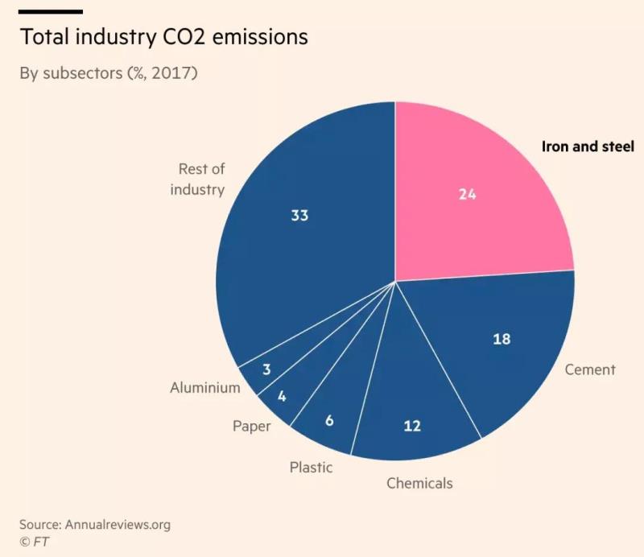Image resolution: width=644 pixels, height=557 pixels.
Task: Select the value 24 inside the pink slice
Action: pos(468,194)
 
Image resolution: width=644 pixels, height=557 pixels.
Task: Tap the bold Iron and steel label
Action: pos(587,146)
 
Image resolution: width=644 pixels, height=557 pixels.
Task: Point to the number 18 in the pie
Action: pos(502,339)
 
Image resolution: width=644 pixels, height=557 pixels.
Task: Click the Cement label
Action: pos(590,369)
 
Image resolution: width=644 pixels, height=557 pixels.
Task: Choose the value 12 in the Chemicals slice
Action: pos(412,426)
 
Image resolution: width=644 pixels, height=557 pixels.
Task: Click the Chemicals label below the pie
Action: pos(419,483)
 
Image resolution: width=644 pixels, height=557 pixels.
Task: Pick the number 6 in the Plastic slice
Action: pos(330,420)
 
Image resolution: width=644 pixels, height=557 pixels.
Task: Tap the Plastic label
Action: pos(311,467)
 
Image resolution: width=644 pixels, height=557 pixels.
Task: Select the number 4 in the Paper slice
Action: pos(283,396)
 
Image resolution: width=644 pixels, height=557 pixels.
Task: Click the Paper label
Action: pos(252,426)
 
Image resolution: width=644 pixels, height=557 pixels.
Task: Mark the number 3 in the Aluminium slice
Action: pos(266,369)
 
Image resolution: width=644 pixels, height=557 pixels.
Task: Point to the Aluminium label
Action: pos(205,387)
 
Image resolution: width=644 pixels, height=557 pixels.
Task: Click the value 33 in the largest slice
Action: pos(299,216)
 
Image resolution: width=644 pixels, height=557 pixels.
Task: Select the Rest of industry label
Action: pos(201,179)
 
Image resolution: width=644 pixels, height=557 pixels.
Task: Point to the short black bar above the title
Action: pos(51,11)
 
